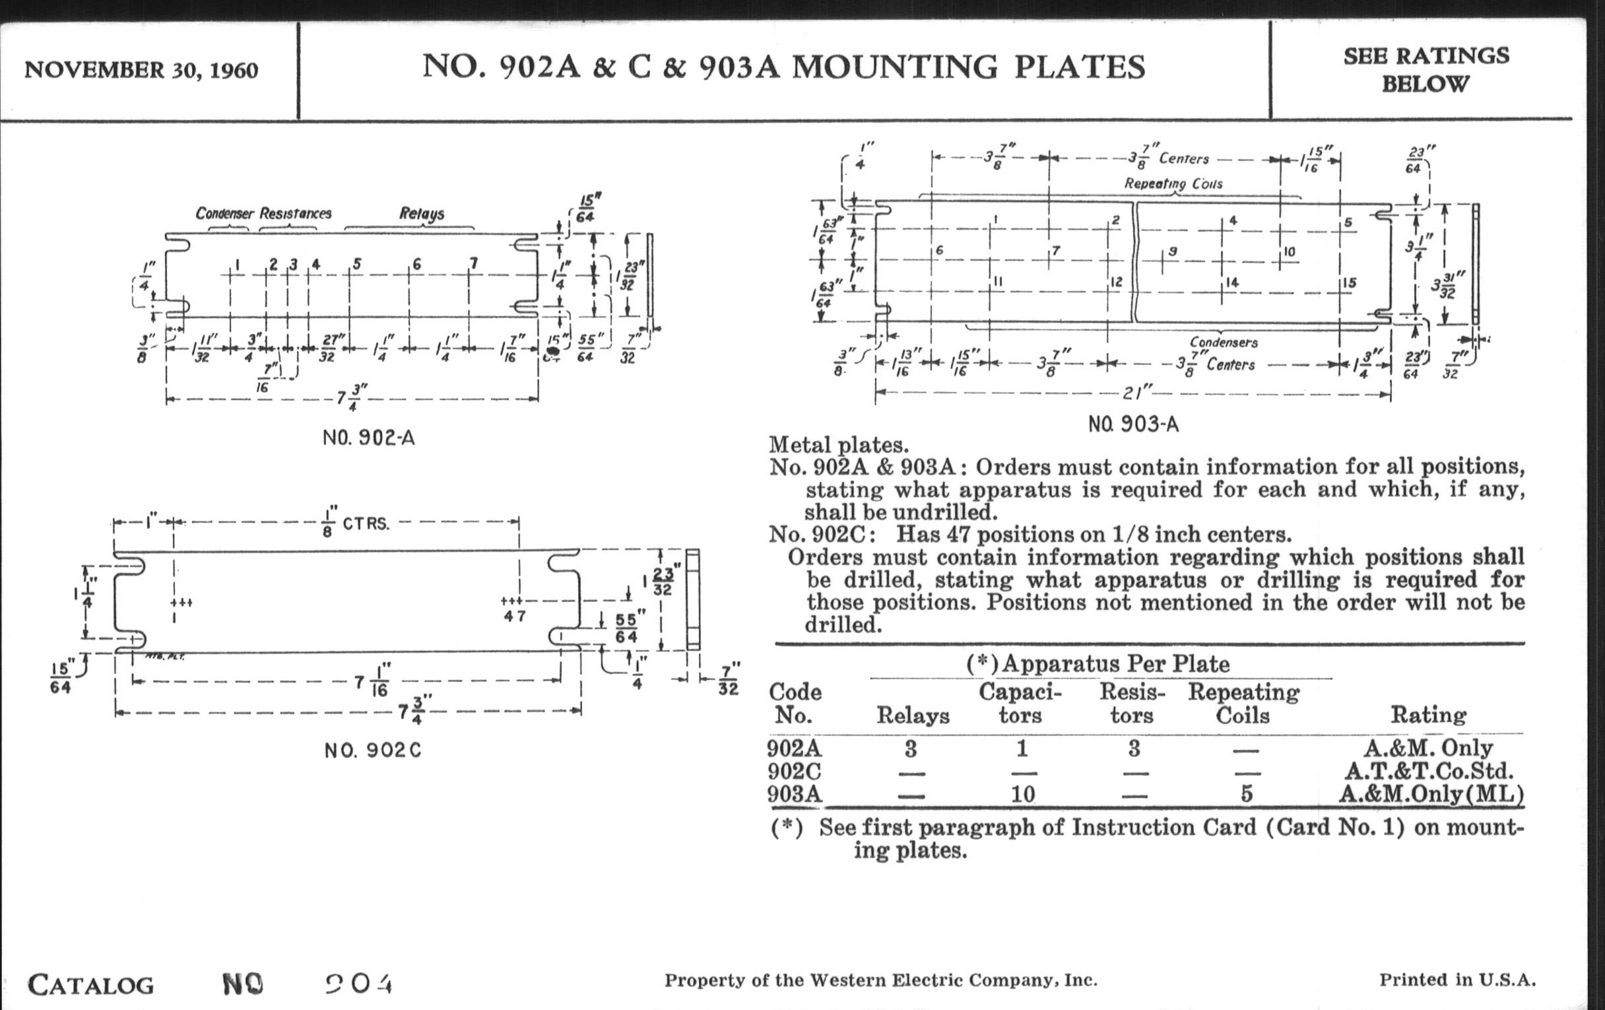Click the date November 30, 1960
tap(141, 70)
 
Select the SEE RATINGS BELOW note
tap(1425, 69)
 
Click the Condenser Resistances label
tap(263, 214)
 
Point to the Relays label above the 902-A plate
tap(421, 214)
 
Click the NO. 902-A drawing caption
tap(369, 438)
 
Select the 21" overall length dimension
tap(1134, 393)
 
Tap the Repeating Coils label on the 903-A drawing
tap(1173, 184)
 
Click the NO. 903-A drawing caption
tap(1133, 424)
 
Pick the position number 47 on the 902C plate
tap(515, 616)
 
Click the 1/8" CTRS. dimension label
tap(356, 523)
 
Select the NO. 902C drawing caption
tap(373, 751)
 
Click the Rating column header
tap(1427, 716)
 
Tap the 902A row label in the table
tap(794, 749)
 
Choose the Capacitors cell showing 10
tap(1022, 794)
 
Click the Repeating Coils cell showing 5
tap(1246, 794)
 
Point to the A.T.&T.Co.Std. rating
tap(1428, 771)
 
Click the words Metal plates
tap(839, 445)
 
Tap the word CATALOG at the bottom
tap(90, 985)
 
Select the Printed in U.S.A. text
tap(1457, 980)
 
